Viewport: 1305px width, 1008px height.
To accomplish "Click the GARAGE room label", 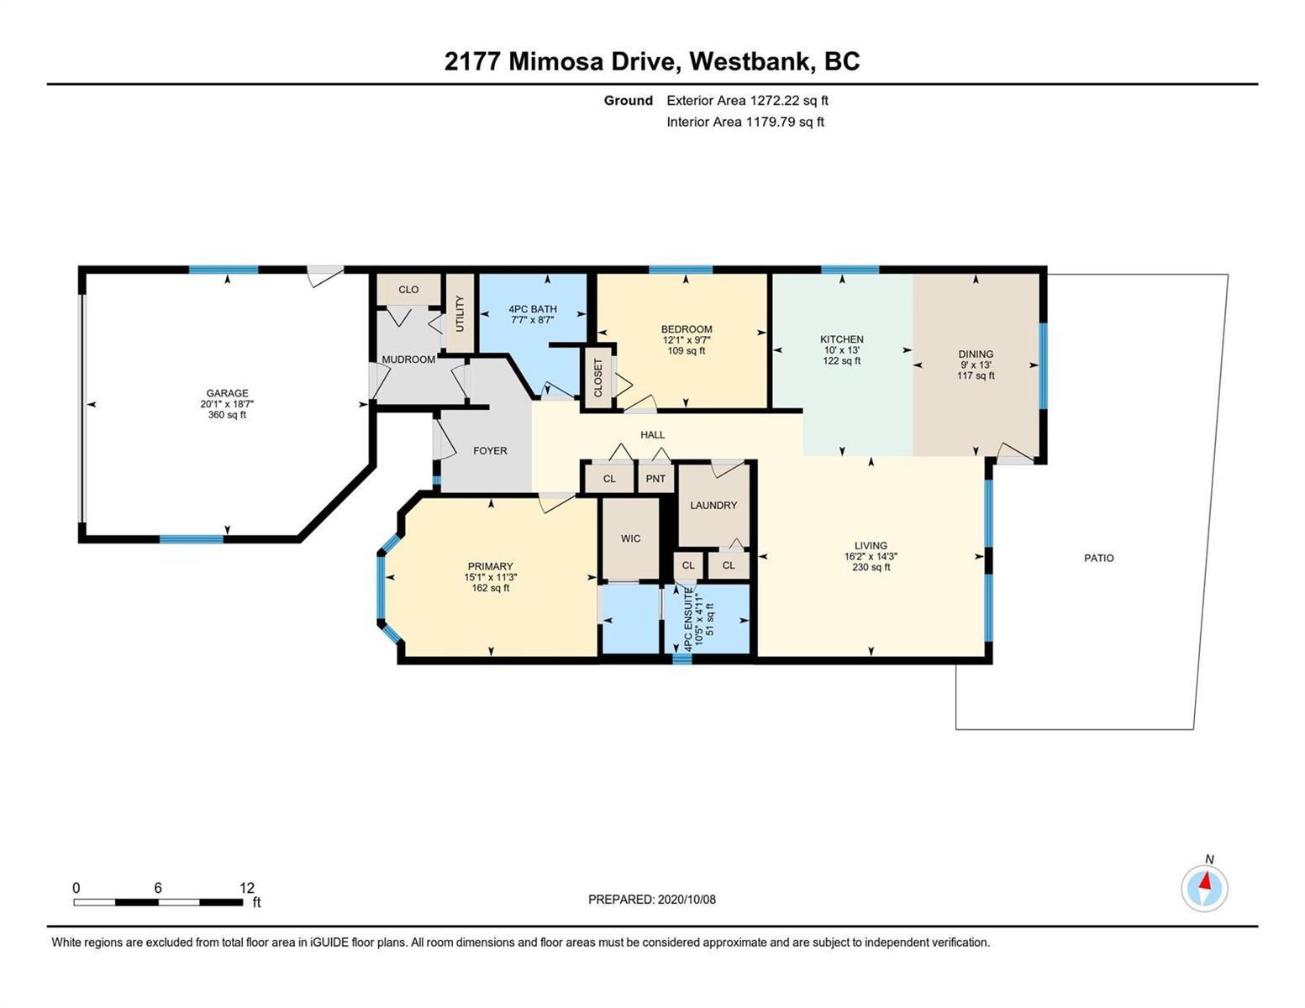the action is pos(227,393).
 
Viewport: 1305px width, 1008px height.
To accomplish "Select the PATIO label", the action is pos(1098,558).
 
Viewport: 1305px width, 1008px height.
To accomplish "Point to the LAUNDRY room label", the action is pos(713,506).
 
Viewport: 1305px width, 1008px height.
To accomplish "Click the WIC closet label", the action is pos(630,538).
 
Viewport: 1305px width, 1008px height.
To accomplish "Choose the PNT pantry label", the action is pos(655,479).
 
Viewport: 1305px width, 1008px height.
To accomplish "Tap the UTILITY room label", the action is pos(460,313).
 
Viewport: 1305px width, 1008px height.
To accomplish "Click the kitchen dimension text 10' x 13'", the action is pos(841,350).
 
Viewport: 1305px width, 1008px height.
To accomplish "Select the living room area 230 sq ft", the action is pos(871,567).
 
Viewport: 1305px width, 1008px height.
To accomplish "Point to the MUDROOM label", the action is pos(408,360).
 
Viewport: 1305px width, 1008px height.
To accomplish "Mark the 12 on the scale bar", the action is pos(247,887).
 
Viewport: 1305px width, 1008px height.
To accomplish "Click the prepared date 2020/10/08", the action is pos(687,900).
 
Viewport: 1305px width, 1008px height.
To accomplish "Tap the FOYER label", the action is pos(490,451).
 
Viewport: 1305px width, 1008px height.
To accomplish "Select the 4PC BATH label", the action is pos(533,309).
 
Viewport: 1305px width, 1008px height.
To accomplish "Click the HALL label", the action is pos(652,434).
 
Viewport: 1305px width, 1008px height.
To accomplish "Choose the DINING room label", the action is pos(976,354).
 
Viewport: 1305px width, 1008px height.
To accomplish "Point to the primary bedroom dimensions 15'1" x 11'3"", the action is pos(490,577).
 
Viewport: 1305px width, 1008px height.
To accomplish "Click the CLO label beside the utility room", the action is pos(408,289).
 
